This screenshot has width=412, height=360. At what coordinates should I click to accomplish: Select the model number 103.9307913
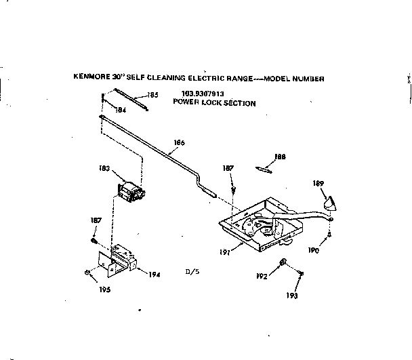203,94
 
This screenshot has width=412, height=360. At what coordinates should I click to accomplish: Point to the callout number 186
179,143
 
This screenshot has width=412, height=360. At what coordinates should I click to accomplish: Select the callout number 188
279,157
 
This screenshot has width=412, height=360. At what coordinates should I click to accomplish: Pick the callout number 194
154,274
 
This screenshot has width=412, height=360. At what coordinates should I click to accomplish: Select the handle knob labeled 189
328,203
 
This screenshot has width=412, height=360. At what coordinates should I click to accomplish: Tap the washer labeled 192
283,263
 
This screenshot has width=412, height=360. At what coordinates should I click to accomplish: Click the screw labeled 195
88,273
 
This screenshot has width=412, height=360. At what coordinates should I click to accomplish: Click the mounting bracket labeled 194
121,260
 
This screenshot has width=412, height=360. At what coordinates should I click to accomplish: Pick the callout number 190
312,250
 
